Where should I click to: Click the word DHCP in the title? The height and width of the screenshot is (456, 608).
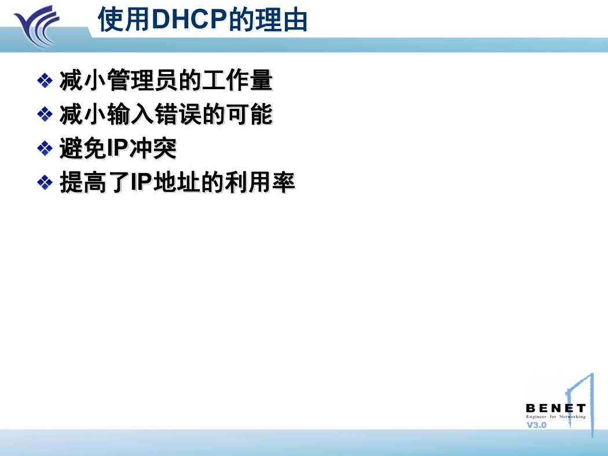coord(189,19)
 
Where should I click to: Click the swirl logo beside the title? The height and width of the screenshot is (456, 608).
coord(37,26)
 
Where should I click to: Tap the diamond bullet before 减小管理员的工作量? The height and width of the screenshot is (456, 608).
coord(45,80)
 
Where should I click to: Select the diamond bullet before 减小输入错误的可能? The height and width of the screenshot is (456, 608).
coord(45,115)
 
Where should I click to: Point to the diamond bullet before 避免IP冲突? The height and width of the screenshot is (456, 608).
coord(45,148)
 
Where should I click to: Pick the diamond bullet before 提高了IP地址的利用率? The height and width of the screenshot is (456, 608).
coord(45,182)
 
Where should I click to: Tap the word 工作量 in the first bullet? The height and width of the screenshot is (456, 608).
coord(237,80)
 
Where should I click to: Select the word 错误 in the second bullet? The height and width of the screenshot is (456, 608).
coord(178,115)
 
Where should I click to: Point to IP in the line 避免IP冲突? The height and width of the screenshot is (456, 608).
coord(118,148)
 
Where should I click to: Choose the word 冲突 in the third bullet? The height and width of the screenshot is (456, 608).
coord(153,148)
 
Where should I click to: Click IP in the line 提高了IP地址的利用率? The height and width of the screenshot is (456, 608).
coord(141,182)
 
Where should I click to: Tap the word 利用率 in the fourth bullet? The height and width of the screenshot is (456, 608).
coord(260,182)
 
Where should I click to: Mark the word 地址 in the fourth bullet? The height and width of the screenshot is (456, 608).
coord(177,182)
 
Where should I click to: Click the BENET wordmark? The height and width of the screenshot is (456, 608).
coord(556,409)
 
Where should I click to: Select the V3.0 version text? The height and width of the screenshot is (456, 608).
coord(536,425)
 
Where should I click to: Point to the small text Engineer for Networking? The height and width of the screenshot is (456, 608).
coord(556,417)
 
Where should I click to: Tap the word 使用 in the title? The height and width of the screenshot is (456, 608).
coord(124,19)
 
